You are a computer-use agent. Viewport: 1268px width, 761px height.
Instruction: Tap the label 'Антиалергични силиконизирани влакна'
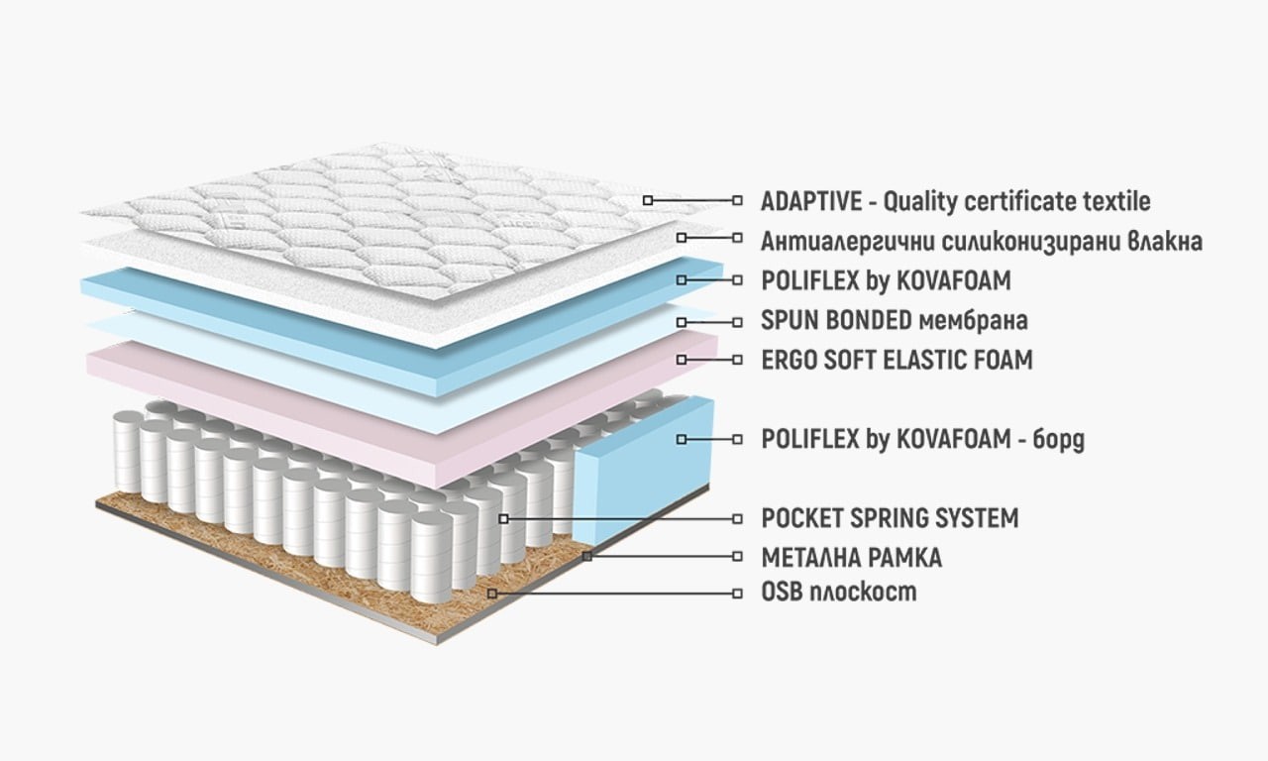981,241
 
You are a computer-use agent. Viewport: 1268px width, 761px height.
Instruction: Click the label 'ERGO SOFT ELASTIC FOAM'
897,359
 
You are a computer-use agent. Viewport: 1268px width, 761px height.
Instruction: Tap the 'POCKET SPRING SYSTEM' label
890,517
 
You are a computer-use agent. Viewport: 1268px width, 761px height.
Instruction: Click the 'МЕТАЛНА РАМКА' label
851,557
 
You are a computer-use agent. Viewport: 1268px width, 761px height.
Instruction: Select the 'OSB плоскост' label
838,593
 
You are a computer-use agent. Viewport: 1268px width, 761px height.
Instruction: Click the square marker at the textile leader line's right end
737,200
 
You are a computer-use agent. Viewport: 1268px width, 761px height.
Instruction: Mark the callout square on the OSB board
491,593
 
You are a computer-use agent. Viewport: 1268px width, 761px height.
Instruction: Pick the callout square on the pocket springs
503,517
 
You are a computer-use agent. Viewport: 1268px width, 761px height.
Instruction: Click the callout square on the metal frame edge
586,557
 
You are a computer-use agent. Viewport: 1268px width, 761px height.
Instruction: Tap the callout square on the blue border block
681,438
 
